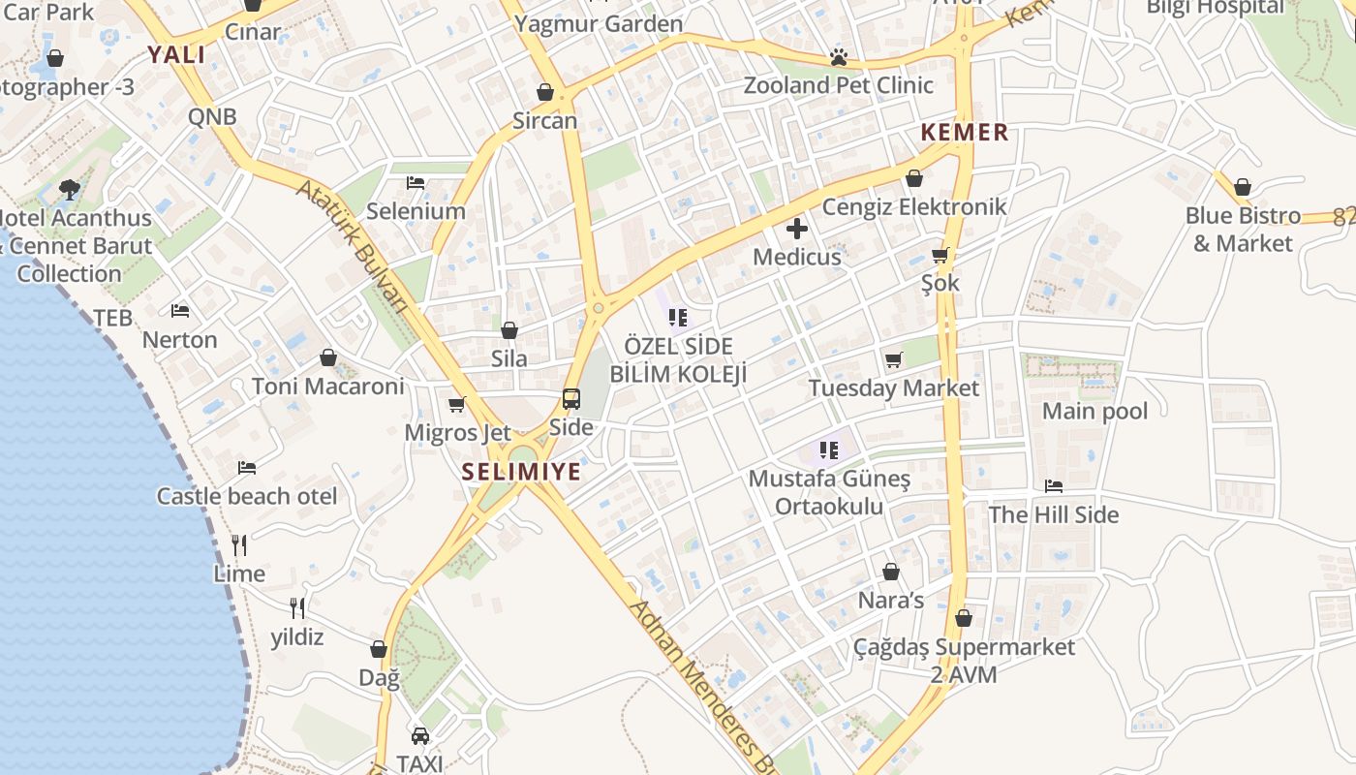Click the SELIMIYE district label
coord(521,472)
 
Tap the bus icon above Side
coord(571,399)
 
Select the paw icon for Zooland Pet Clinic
coord(839,58)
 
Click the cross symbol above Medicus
coord(797,229)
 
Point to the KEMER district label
coord(965,133)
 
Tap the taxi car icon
coord(420,736)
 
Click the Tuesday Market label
coord(894,388)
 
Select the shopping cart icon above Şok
coord(940,256)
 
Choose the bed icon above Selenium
coord(416,182)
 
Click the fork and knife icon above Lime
coord(239,545)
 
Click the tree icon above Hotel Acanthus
coord(69,189)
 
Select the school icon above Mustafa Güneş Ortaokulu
coord(828,449)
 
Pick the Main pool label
coord(1094,411)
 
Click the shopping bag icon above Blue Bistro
coord(1243,187)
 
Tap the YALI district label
coord(176,54)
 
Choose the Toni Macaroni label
coord(327,387)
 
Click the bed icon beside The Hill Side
coord(1054,486)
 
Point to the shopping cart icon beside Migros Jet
coord(456,404)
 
